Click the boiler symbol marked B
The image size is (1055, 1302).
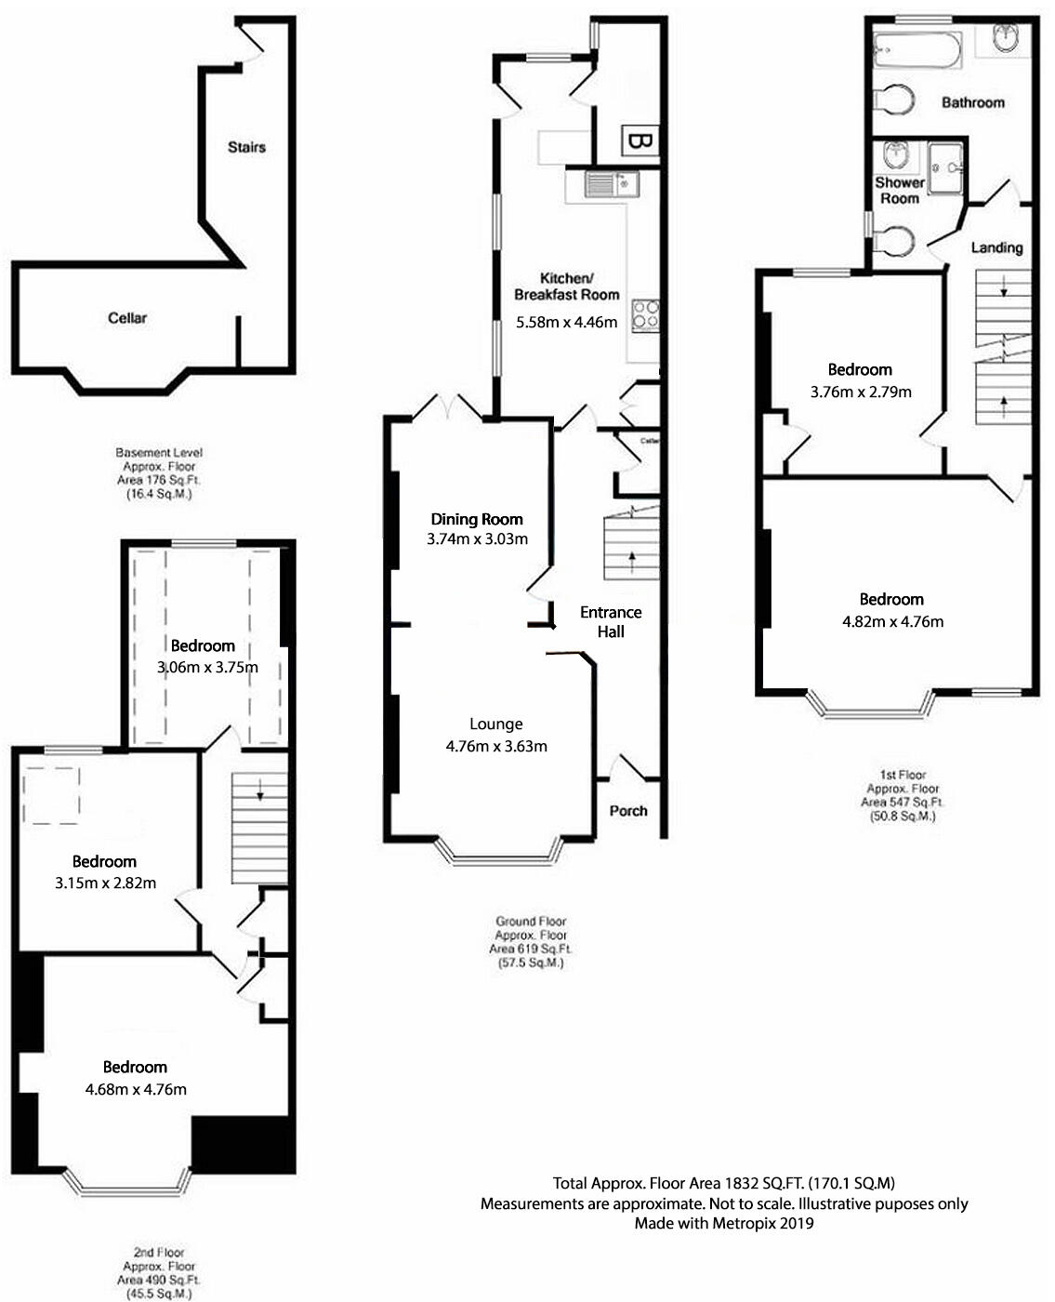pyautogui.click(x=639, y=142)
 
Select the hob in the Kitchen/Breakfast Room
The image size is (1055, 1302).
pyautogui.click(x=646, y=315)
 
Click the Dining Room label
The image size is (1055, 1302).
pyautogui.click(x=477, y=519)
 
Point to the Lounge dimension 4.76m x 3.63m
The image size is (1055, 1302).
pyautogui.click(x=496, y=746)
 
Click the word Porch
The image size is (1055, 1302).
pyautogui.click(x=628, y=810)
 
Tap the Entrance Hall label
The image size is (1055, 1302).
pyautogui.click(x=611, y=621)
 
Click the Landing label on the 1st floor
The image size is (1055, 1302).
pyautogui.click(x=996, y=247)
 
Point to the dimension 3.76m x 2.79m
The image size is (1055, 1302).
pyautogui.click(x=861, y=392)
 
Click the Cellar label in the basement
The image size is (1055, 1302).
pyautogui.click(x=127, y=318)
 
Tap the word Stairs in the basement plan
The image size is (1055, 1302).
pyautogui.click(x=246, y=147)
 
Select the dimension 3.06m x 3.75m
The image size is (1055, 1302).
pyautogui.click(x=208, y=667)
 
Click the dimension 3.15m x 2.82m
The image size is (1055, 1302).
pyautogui.click(x=105, y=883)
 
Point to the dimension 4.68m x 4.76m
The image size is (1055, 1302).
pyautogui.click(x=136, y=1089)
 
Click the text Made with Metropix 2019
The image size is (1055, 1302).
pyautogui.click(x=724, y=1223)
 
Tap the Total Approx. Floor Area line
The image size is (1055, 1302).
pyautogui.click(x=724, y=1183)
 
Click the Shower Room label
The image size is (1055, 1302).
pyautogui.click(x=899, y=191)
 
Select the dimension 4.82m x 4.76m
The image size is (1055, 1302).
pyautogui.click(x=892, y=621)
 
